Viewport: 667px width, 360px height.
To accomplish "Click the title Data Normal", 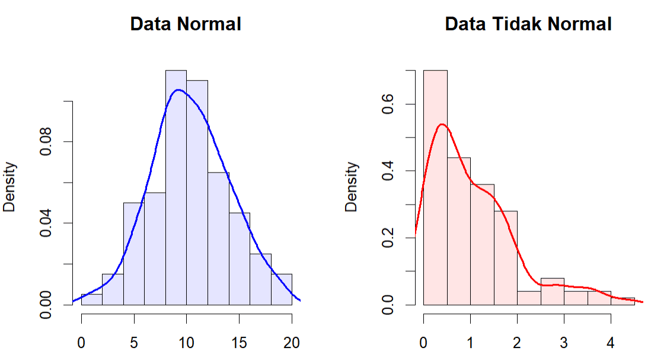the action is tap(185, 24).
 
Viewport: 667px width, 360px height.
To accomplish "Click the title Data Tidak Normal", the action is tap(528, 24).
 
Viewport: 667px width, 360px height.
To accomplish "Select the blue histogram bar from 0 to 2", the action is tap(91, 300).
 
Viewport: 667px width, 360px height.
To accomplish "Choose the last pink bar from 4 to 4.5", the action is tap(623, 301).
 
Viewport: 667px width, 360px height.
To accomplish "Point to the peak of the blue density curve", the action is tap(177, 90).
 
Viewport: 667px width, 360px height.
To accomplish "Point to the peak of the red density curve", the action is tap(441, 125).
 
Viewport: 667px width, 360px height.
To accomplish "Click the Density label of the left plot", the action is tap(10, 187).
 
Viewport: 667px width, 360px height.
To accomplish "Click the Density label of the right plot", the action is tap(352, 187).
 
